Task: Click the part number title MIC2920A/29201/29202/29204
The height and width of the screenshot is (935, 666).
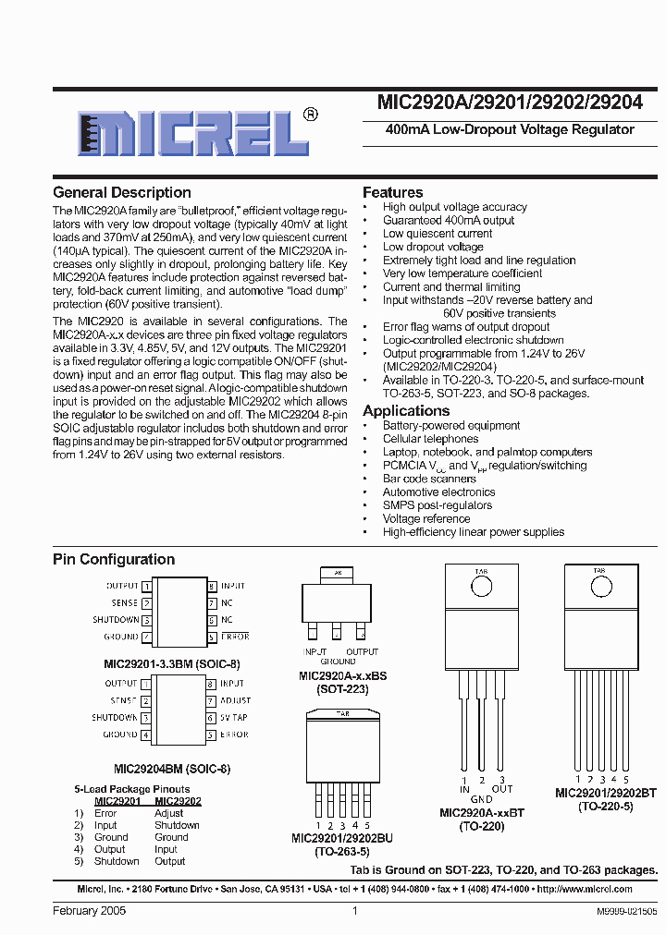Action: point(510,103)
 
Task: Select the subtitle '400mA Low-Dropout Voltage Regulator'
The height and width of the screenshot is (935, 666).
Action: point(510,130)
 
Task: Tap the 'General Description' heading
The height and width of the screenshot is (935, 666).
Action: point(122,193)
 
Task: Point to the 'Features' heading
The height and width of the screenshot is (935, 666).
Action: point(393,192)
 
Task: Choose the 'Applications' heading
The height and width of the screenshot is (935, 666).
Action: point(406,410)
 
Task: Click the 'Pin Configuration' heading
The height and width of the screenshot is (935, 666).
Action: point(114,559)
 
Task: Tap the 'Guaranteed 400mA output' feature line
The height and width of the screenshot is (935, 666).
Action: point(449,221)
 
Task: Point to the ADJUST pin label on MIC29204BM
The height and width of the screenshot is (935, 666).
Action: point(235,701)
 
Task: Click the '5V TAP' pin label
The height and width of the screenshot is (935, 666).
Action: point(233,718)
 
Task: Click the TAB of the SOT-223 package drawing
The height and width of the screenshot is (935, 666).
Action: point(337,574)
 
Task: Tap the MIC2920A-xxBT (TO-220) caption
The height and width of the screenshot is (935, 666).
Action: point(482,820)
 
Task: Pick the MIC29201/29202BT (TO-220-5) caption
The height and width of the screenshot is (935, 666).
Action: point(606,799)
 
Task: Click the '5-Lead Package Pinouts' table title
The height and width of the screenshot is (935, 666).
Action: point(130,790)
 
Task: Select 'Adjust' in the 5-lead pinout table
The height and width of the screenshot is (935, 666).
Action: point(168,813)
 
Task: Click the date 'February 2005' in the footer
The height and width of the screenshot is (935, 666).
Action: point(89,910)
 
